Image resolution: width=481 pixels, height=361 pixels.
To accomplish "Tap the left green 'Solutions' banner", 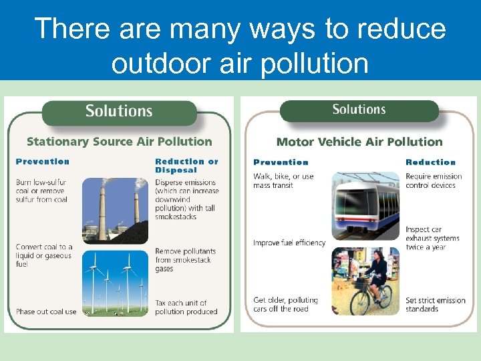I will tap(119, 111).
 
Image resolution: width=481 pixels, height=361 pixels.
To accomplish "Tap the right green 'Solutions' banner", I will tap(359, 110).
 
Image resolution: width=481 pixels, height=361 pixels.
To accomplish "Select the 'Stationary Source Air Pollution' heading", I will tap(119, 142).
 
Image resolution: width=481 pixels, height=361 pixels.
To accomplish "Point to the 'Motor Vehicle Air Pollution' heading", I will tap(359, 142).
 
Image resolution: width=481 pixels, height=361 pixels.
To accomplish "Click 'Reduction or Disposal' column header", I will tap(186, 165).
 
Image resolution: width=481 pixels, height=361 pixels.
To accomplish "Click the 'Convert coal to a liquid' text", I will tap(44, 255).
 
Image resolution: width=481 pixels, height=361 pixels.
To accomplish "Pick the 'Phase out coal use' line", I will tap(46, 312).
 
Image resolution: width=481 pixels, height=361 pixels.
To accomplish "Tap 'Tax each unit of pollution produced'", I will tap(186, 307).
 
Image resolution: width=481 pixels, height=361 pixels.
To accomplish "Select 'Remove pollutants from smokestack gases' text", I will tap(184, 259).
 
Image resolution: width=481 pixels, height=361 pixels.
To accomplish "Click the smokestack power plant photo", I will tap(116, 209).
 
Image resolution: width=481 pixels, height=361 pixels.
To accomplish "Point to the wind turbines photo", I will tap(116, 282).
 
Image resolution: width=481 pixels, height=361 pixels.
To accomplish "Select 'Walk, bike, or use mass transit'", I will tap(283, 180).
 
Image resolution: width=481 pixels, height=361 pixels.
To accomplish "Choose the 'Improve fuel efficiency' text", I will tap(289, 243).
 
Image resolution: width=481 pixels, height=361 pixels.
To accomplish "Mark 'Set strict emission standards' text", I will tap(435, 304).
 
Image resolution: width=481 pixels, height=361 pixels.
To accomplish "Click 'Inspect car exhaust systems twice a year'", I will tap(432, 238).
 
